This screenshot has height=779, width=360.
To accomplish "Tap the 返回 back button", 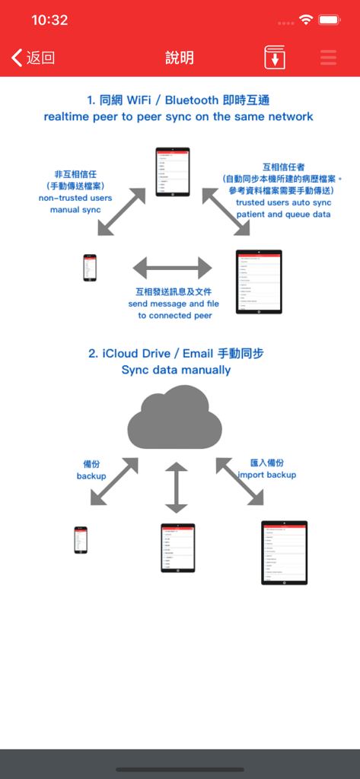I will coord(33,58).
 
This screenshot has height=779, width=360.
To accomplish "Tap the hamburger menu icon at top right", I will coord(328,58).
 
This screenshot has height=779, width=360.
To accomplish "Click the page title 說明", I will coord(180,58).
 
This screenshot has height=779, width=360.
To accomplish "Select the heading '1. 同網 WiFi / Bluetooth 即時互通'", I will coord(179,100).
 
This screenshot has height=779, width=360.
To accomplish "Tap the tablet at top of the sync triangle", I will coord(172,171).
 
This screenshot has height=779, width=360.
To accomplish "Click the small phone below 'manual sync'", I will coord(90,268).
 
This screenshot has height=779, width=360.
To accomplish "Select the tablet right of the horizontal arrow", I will coord(259,281).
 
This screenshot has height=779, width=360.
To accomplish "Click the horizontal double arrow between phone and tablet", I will coord(173,268).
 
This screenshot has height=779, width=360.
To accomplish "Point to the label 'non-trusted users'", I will coord(75,198).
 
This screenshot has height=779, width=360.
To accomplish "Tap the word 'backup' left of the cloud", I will coord(91,476).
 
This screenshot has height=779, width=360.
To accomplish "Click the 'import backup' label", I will coord(267,475).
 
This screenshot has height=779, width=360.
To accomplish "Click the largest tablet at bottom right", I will coord(284,552).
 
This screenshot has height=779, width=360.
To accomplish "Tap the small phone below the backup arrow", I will coord(81,540).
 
